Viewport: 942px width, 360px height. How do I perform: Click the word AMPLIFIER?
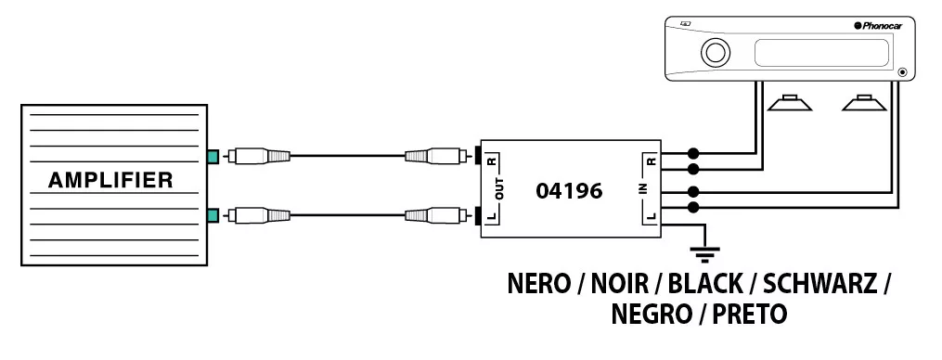pos(110,180)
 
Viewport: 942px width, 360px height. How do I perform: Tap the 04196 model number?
pos(568,191)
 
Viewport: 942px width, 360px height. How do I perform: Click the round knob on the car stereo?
pos(715,52)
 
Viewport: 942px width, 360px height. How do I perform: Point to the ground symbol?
pos(704,254)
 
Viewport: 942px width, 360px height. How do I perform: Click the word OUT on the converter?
pos(499,190)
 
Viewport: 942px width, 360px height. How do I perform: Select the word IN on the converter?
pos(642,190)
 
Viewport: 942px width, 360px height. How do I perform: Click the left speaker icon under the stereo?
pos(790,103)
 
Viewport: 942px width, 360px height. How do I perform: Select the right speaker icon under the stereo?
pos(864,103)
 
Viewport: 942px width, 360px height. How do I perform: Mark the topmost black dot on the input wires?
pos(693,153)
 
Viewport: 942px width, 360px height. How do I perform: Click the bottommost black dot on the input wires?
pos(693,207)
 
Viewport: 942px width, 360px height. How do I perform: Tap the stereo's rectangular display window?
pos(822,53)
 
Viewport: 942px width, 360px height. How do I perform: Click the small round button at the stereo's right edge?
pos(902,72)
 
